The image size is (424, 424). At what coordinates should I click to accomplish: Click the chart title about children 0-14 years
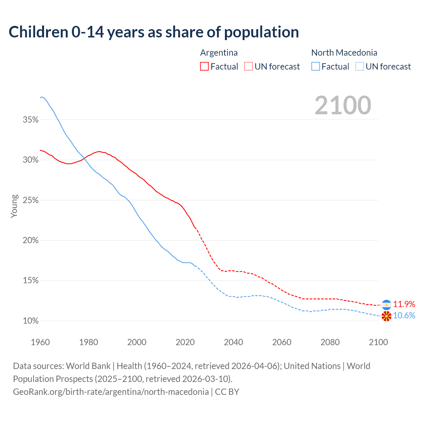point(154,32)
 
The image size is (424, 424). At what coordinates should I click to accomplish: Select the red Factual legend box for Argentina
point(204,66)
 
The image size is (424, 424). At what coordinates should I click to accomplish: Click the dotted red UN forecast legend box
point(248,66)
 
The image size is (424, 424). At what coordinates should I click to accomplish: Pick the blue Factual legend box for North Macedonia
point(316,66)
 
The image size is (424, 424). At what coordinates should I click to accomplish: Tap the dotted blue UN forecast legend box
point(360,66)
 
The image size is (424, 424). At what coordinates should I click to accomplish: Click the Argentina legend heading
point(219,53)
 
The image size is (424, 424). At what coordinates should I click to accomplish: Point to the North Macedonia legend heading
point(344,53)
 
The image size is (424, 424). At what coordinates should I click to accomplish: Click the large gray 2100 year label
point(343,105)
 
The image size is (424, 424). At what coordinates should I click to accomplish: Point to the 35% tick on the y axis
point(31,120)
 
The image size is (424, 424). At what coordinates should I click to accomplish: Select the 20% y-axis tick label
point(31,240)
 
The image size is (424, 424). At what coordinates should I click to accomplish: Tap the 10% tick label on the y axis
point(31,321)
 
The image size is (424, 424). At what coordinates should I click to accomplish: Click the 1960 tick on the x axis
point(40,342)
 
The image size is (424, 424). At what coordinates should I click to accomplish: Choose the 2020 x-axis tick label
point(185,342)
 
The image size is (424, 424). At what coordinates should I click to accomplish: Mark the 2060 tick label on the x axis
point(282,342)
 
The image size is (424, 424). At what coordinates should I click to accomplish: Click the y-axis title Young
point(14,206)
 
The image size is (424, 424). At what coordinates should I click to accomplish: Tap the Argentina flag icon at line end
point(387,305)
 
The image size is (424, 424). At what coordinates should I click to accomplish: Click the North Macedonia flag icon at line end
point(387,316)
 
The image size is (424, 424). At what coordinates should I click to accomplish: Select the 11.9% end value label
point(404,304)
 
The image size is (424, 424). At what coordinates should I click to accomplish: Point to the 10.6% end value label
point(404,315)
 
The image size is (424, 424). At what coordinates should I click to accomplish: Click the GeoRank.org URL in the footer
point(111,392)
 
